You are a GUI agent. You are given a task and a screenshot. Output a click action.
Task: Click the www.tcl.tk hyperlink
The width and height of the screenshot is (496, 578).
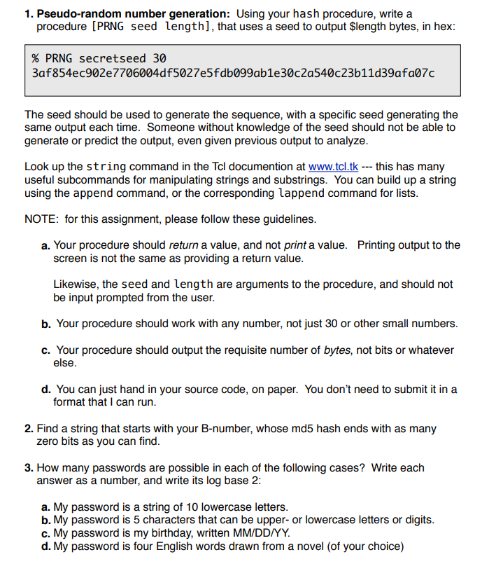[x=333, y=167]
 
